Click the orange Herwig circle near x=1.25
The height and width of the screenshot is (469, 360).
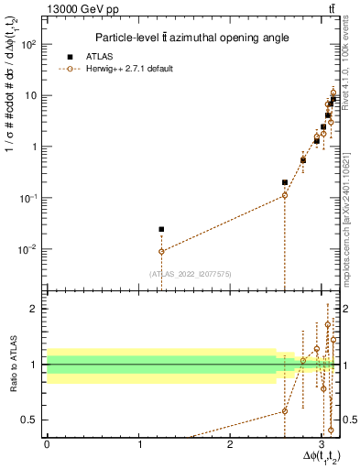[161, 251]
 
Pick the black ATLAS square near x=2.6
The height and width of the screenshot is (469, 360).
[285, 182]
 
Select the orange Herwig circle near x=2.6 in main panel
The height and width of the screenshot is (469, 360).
[285, 195]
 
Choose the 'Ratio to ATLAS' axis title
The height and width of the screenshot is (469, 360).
[12, 364]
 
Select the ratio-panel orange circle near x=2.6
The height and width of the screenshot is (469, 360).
[285, 410]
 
